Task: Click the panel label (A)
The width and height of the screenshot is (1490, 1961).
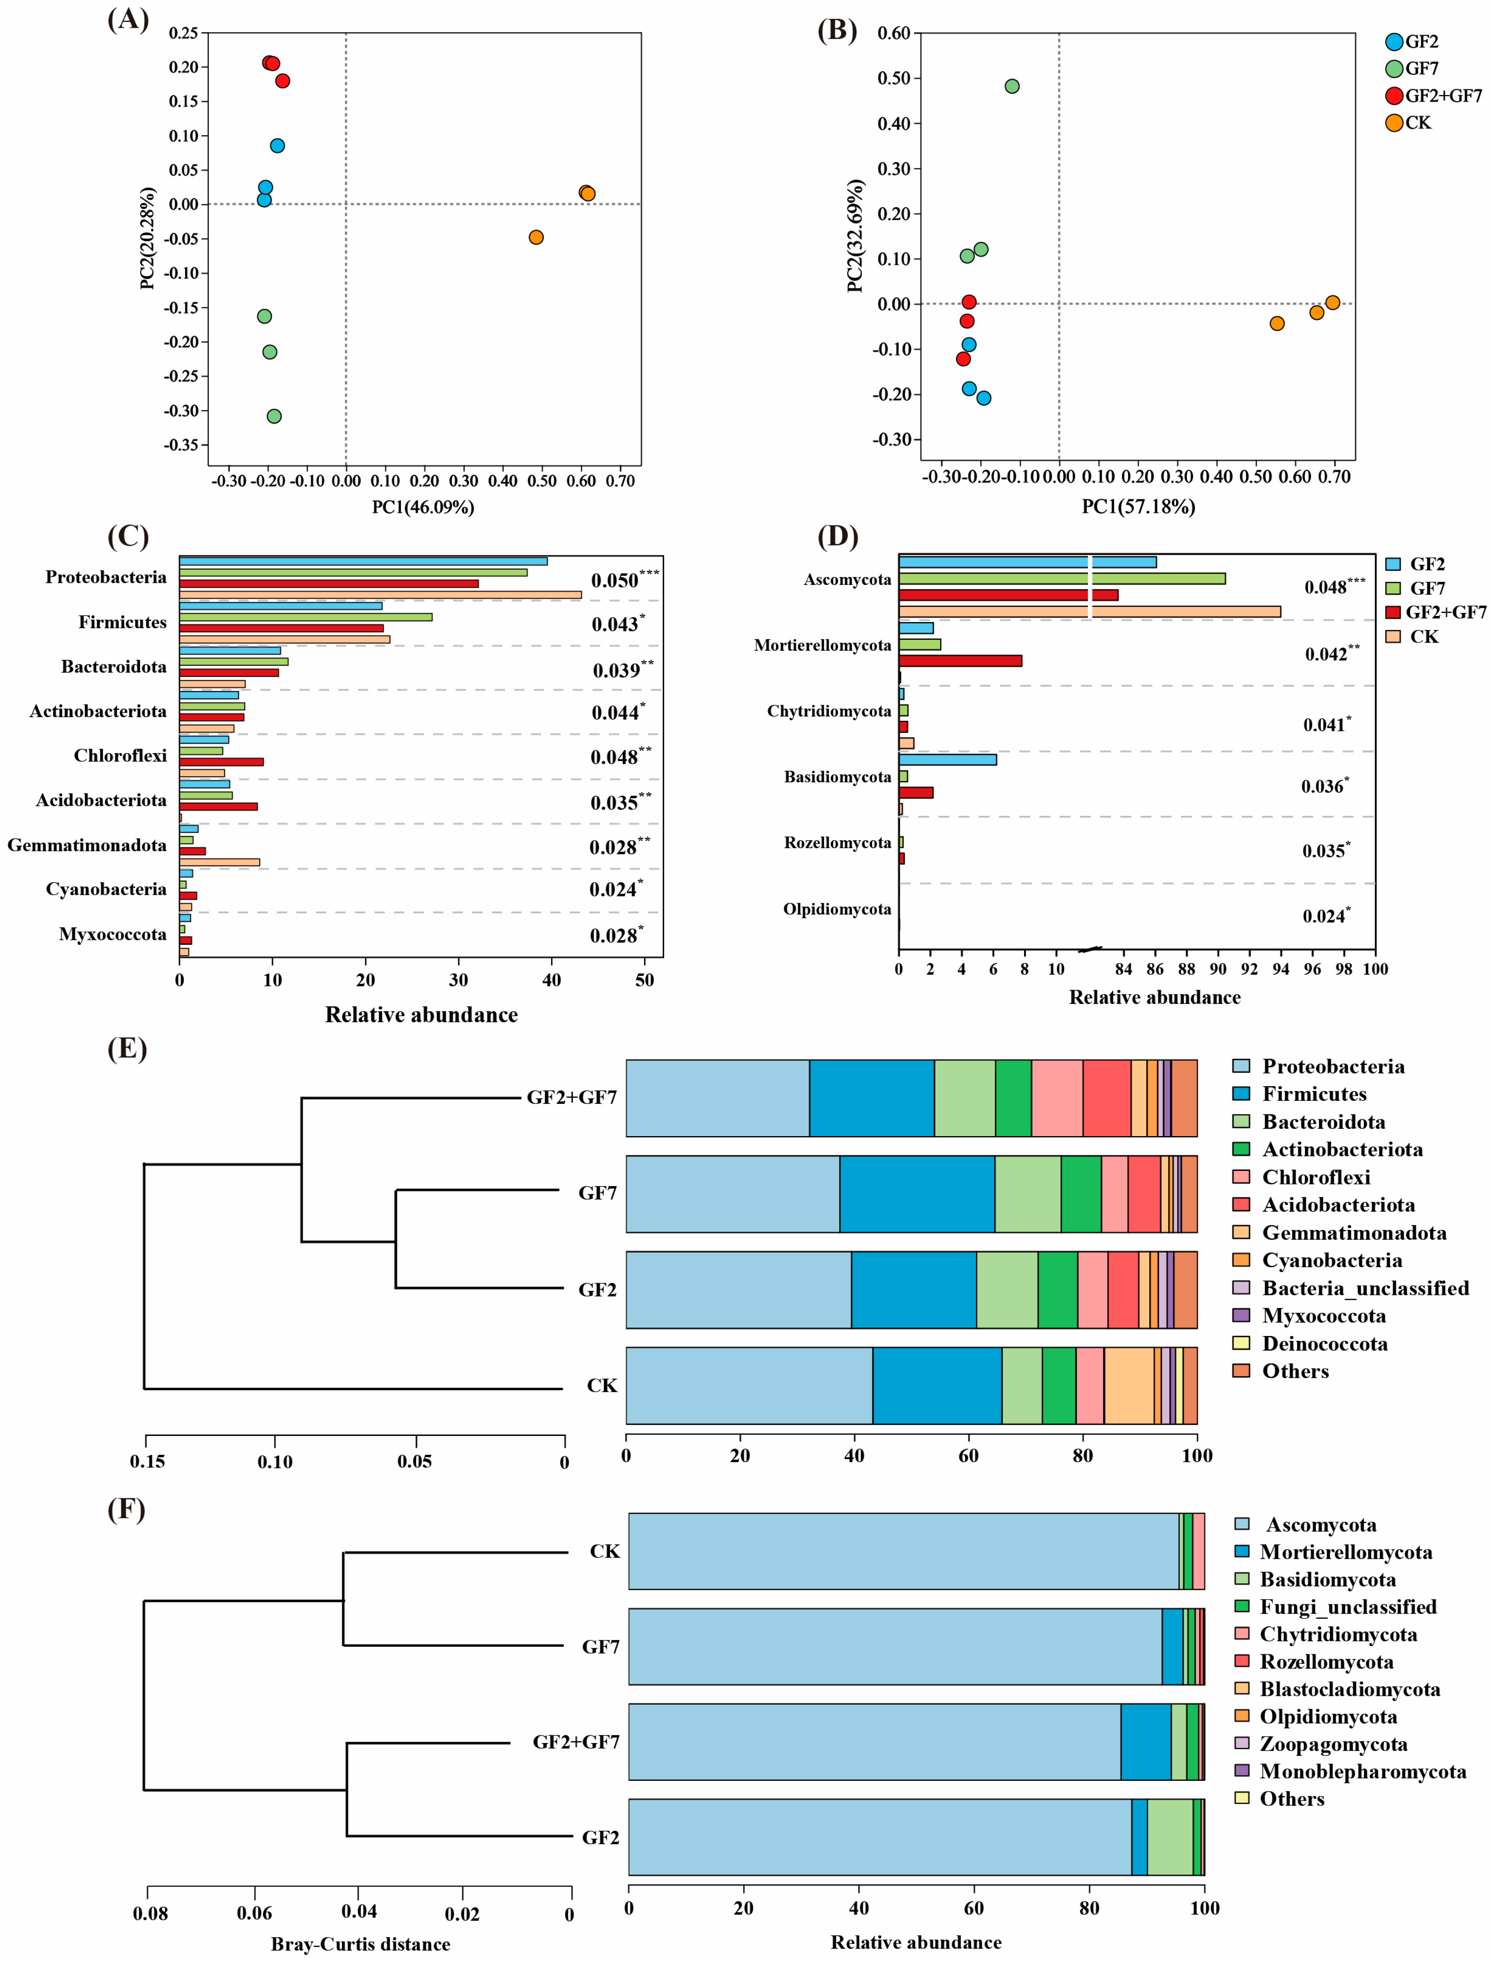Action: click(128, 20)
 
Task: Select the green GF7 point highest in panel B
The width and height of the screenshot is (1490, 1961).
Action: click(1012, 86)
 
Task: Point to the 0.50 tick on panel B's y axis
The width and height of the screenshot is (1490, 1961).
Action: click(894, 78)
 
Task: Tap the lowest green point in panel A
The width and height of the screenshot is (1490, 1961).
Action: click(274, 416)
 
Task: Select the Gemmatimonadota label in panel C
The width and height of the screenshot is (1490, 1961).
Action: click(87, 845)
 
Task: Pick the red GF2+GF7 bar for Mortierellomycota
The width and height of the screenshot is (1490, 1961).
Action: click(960, 661)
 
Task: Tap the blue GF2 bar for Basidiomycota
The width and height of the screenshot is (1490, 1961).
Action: click(947, 759)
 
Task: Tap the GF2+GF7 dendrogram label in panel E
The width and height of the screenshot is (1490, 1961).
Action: click(571, 1097)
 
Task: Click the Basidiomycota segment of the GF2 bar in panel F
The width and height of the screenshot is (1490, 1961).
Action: click(1170, 1837)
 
